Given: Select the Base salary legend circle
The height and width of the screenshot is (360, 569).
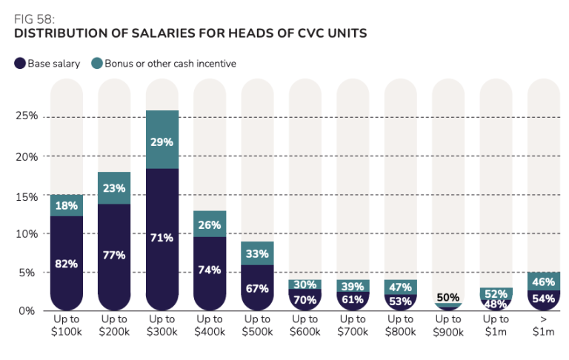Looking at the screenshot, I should pyautogui.click(x=19, y=64).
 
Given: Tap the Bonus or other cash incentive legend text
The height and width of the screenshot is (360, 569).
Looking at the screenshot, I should pyautogui.click(x=170, y=64).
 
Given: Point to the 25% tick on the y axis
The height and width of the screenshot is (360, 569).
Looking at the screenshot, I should pyautogui.click(x=27, y=117).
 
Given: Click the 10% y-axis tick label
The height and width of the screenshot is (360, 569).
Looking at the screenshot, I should pyautogui.click(x=27, y=233).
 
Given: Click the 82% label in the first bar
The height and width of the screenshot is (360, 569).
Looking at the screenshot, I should pyautogui.click(x=67, y=263).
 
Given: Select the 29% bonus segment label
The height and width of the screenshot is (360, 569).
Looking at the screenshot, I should pyautogui.click(x=162, y=141).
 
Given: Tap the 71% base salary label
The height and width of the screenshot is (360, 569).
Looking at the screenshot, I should pyautogui.click(x=162, y=238).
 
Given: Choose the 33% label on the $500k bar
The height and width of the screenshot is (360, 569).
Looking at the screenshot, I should pyautogui.click(x=257, y=254).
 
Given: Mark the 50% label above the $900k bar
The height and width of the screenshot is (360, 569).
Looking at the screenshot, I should pyautogui.click(x=448, y=298).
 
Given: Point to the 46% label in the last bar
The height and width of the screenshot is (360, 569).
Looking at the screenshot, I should pyautogui.click(x=544, y=281).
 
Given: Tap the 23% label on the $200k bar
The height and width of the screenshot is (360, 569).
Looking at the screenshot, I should pyautogui.click(x=114, y=188).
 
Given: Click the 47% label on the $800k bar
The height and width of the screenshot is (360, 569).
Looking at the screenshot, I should pyautogui.click(x=401, y=287).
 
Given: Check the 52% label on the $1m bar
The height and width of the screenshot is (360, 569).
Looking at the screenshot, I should pyautogui.click(x=496, y=293).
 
